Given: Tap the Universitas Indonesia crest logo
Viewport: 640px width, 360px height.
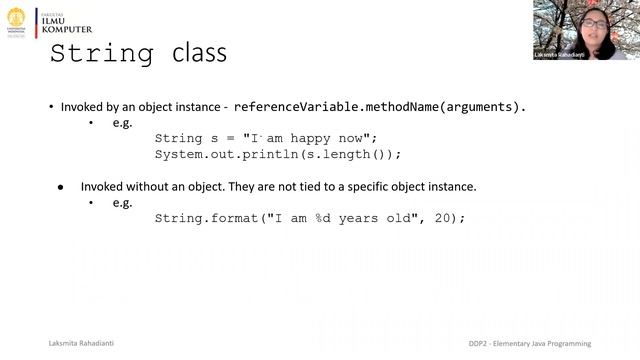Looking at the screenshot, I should [17, 22].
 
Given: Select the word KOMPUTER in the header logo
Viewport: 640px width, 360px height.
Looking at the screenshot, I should [67, 29].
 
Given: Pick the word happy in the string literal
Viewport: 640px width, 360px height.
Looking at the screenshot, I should [301, 138].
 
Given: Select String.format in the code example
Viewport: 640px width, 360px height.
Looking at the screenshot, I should [206, 218].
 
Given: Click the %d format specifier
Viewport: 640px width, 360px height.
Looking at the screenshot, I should [327, 218].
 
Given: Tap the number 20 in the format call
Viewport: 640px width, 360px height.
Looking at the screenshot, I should [445, 218].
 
